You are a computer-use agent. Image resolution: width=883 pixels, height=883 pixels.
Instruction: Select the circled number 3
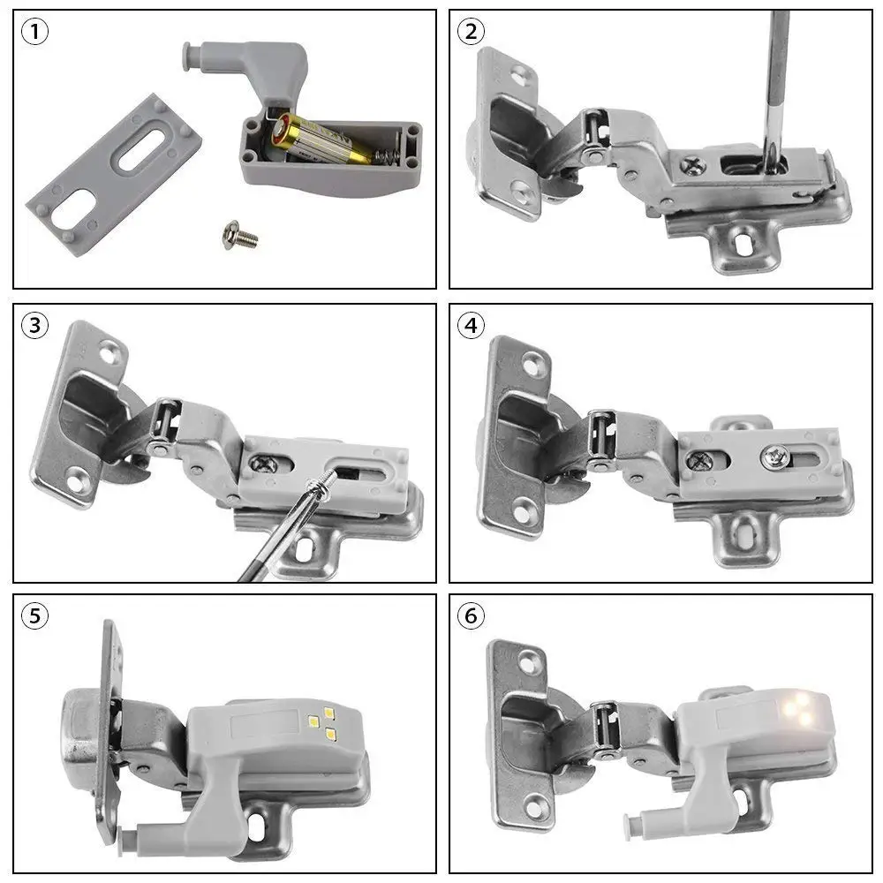[34, 325]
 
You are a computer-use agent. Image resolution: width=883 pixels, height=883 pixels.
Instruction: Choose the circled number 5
[34, 615]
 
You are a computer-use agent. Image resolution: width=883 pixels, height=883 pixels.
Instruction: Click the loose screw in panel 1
[239, 236]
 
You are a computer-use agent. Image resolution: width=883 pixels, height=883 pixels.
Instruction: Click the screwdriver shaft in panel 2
[776, 79]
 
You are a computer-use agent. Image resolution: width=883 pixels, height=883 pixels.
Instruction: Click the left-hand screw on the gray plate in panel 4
[700, 459]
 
